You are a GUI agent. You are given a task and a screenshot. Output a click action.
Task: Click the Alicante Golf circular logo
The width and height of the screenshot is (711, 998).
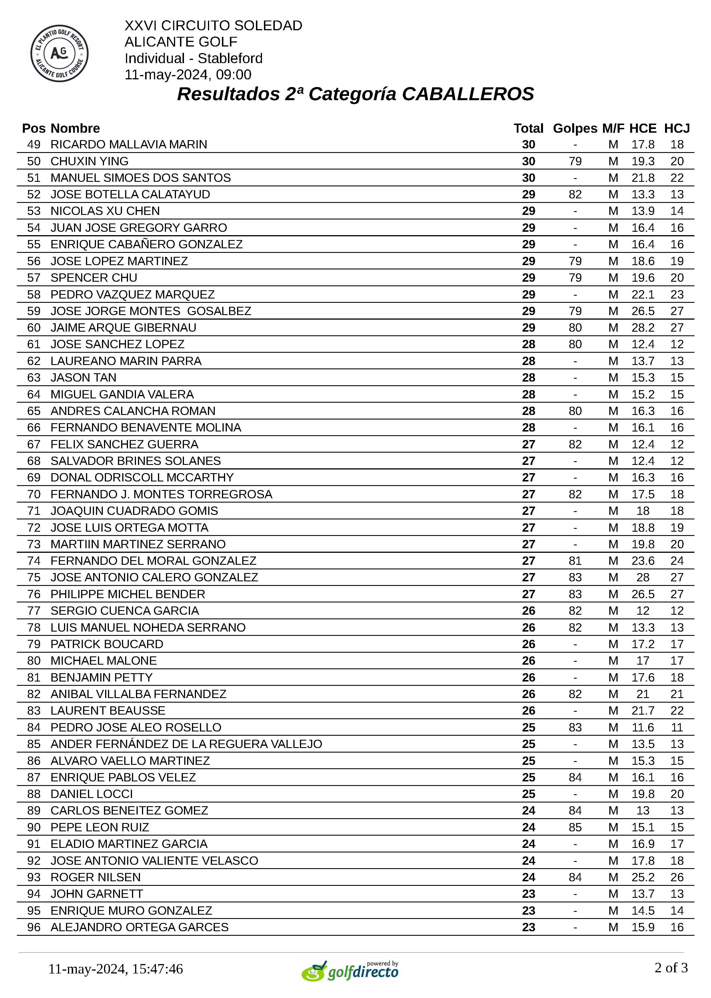click(59, 53)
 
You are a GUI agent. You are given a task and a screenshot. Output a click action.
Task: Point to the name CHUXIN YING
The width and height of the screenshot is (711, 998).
click(89, 161)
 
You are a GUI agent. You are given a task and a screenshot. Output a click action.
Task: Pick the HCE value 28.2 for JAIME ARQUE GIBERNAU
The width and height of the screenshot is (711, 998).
click(643, 328)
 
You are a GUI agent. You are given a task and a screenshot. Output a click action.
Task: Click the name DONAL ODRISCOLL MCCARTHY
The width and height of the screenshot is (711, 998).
click(142, 477)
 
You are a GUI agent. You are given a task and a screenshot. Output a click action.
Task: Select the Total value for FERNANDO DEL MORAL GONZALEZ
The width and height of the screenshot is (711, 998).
click(528, 561)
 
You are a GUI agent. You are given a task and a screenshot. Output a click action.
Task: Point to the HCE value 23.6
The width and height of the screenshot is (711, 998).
click(643, 561)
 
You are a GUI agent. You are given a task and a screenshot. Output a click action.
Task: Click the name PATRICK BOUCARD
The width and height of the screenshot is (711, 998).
click(107, 644)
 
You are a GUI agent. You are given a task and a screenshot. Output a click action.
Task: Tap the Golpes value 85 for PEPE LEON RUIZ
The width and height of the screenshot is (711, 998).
click(575, 827)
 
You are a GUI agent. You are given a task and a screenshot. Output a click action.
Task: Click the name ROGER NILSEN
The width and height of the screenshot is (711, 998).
click(95, 877)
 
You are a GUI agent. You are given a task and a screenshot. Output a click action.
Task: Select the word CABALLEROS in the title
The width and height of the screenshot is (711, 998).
click(468, 94)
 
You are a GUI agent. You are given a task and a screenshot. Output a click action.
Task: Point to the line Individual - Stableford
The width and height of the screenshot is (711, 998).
click(193, 58)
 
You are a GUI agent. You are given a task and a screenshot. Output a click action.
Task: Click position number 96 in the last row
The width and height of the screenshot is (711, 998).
click(34, 927)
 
